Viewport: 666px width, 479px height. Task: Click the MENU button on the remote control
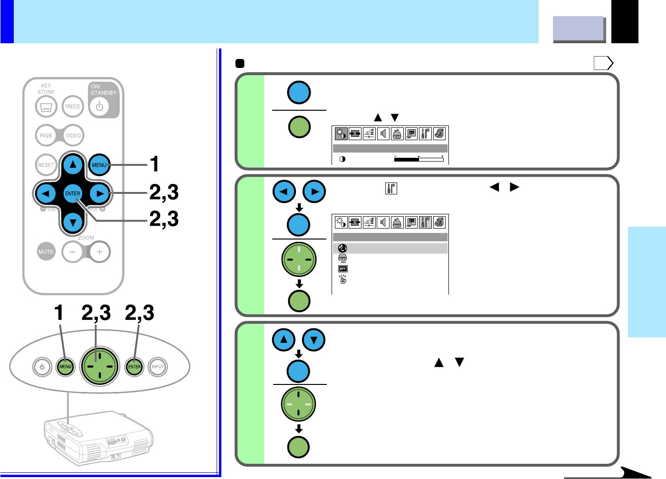99,165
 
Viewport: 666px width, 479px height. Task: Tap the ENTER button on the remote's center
73,193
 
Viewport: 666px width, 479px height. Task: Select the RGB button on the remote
46,135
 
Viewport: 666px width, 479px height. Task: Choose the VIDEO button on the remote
73,135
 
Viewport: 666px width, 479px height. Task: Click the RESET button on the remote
46,165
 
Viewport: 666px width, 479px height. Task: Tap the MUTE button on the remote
46,251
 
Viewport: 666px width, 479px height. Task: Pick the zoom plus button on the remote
99,251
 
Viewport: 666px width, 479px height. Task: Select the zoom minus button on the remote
73,251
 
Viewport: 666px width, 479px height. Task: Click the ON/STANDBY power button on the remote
99,106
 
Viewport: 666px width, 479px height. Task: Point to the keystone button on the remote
46,106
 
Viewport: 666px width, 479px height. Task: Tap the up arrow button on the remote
73,165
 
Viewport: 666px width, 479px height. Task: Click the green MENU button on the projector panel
65,367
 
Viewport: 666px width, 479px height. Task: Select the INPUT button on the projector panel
157,367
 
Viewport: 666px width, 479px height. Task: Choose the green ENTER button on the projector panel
134,367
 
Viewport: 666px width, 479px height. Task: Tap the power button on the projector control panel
42,367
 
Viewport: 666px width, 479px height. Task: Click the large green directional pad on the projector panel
100,366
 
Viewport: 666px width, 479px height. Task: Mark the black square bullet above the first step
240,63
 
